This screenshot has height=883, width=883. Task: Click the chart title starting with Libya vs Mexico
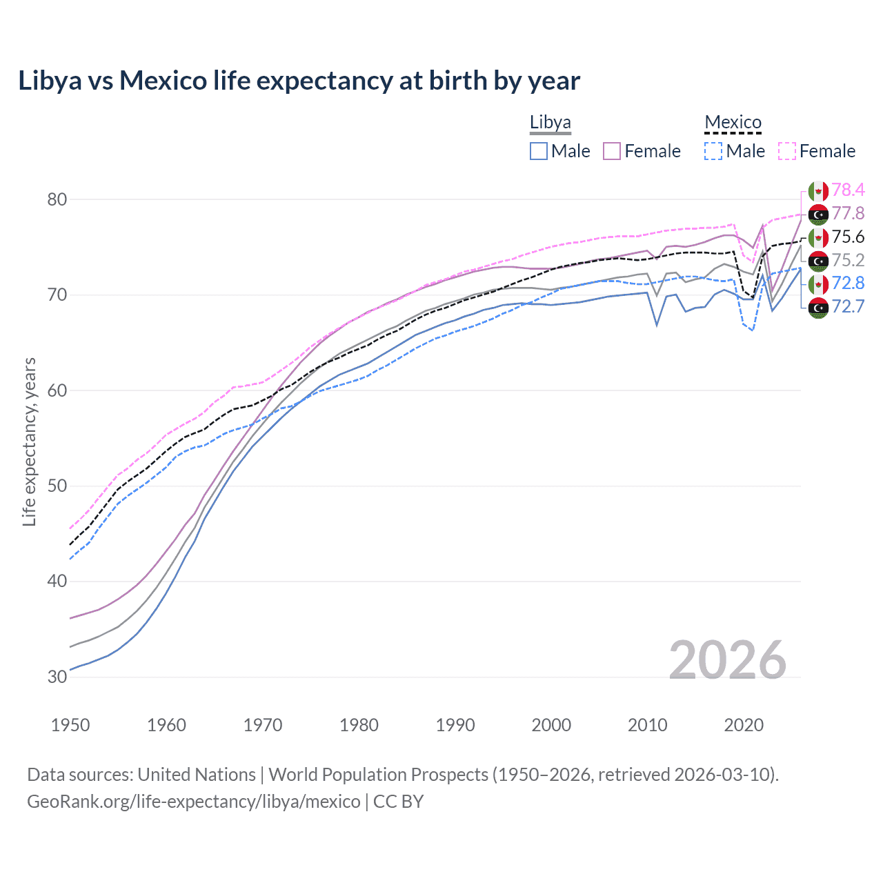pos(299,81)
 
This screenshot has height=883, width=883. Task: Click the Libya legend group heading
pos(550,123)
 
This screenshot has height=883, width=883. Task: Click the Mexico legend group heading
pos(733,123)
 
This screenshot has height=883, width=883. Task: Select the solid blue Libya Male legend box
pos(539,151)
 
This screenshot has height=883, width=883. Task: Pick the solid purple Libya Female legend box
pos(612,151)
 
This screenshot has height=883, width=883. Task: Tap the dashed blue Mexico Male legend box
pos(713,151)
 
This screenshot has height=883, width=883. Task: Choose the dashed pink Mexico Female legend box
pos(787,151)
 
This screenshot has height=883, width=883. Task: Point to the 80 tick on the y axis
pos(57,199)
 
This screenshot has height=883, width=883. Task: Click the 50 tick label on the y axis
pos(57,486)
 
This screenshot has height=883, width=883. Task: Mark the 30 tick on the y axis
pos(57,677)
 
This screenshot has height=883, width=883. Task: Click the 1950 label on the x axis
pos(70,725)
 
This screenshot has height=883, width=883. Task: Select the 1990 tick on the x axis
pos(455,725)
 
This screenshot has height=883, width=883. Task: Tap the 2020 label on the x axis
pos(744,725)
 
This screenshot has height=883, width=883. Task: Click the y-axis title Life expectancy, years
pos(29,441)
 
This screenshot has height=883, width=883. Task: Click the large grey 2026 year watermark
pos(727,660)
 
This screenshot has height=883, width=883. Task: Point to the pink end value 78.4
pos(848,190)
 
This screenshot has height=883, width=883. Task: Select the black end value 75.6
pos(848,237)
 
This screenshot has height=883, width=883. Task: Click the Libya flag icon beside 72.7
pos(818,308)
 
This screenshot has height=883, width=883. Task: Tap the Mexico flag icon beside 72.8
pos(818,284)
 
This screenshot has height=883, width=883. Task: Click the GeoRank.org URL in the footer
pos(193,802)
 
